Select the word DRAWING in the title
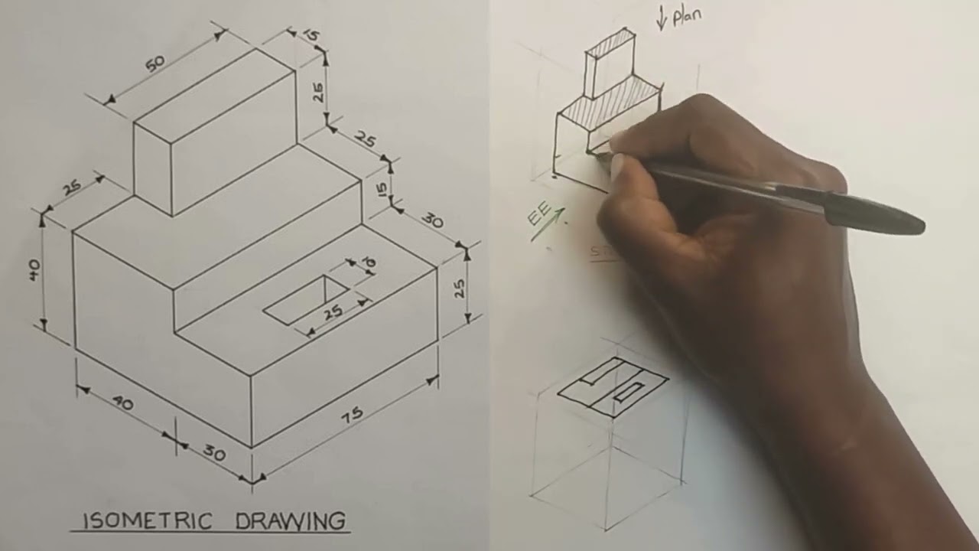[290, 521]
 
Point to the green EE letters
[538, 215]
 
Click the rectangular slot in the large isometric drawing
[306, 300]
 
